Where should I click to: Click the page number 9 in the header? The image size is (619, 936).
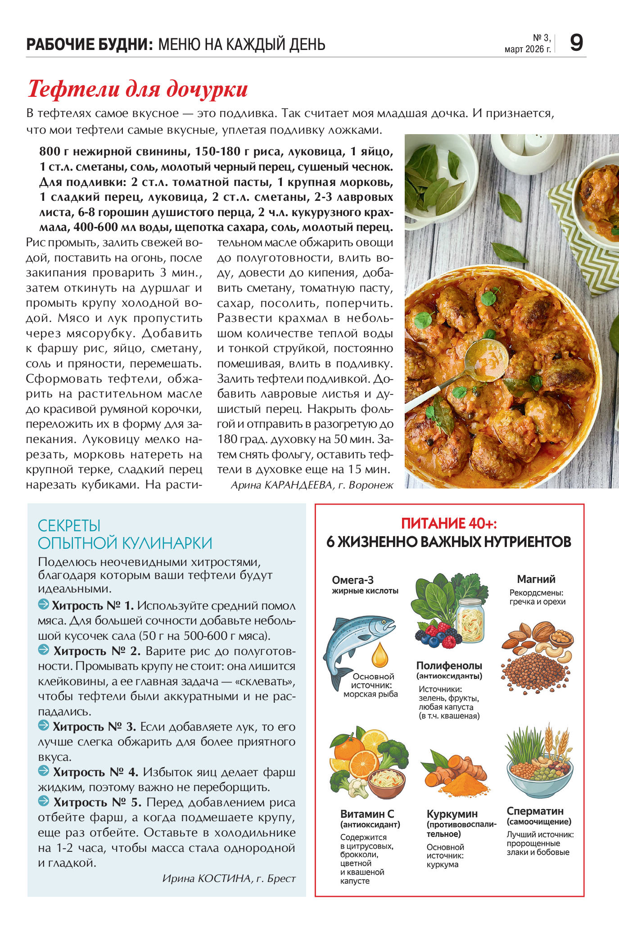tap(576, 43)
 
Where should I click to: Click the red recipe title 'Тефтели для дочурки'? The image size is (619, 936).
tap(138, 89)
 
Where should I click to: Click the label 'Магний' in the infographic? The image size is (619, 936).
tap(536, 579)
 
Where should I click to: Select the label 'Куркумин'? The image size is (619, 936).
tap(452, 814)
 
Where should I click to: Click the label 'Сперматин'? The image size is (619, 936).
tap(535, 811)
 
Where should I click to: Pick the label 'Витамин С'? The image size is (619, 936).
tap(367, 814)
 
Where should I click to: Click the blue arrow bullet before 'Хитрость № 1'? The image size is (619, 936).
tap(44, 604)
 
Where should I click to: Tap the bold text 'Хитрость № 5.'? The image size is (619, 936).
tap(98, 802)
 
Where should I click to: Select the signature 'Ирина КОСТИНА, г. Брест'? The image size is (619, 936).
tap(229, 878)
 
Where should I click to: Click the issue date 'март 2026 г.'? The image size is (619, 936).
tap(527, 49)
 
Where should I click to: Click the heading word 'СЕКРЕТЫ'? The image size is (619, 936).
tap(69, 525)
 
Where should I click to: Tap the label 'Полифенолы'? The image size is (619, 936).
tap(449, 665)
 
